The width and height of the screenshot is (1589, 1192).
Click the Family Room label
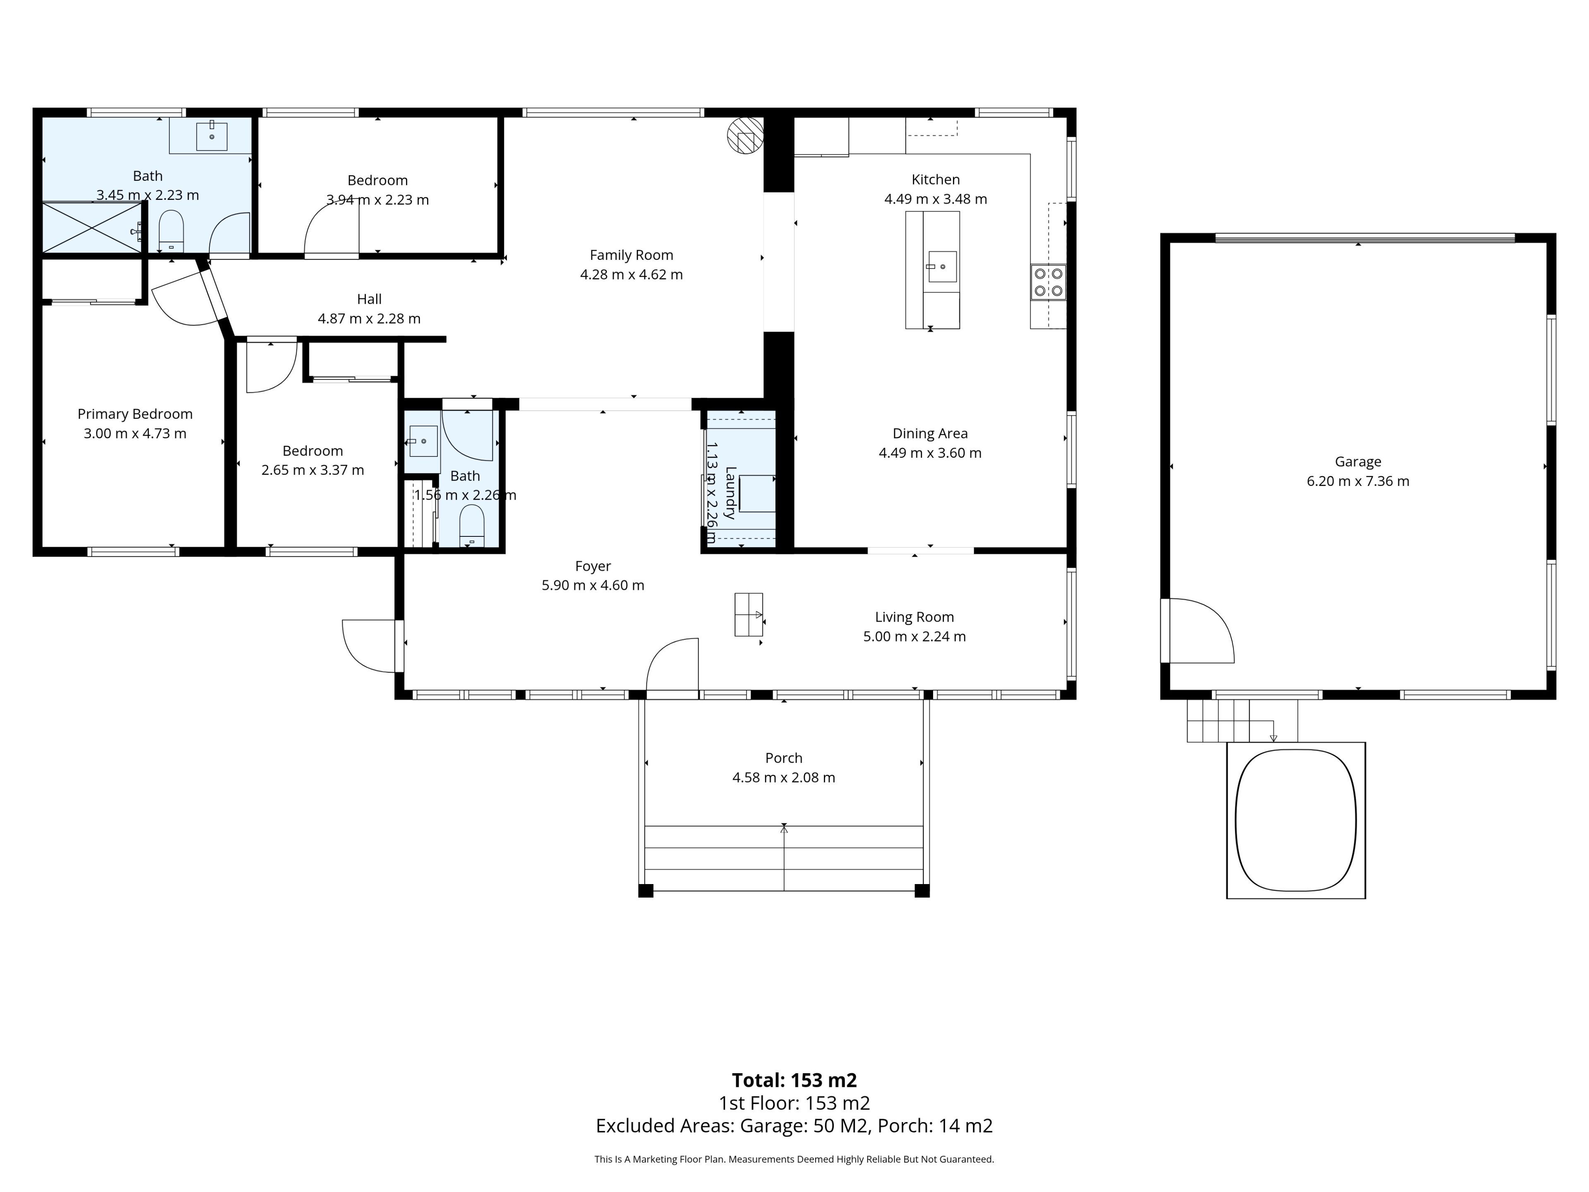click(x=631, y=255)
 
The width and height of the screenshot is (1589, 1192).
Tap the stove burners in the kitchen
click(x=1048, y=282)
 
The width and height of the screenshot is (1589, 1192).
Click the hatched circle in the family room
click(x=745, y=135)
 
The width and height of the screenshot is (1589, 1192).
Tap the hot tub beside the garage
click(x=1295, y=820)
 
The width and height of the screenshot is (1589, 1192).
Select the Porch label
click(x=784, y=758)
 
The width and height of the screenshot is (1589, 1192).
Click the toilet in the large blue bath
click(x=171, y=230)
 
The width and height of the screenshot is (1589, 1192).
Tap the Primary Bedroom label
click(x=135, y=414)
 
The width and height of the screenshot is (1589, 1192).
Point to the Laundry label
click(x=730, y=493)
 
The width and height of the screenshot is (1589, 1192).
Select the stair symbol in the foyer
click(x=749, y=614)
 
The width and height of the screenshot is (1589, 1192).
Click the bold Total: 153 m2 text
click(x=794, y=1080)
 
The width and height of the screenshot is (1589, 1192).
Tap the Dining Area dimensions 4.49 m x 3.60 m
click(x=930, y=453)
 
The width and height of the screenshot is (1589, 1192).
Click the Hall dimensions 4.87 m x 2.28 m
click(x=369, y=318)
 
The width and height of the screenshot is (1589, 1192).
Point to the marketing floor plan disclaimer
click(x=794, y=1159)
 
